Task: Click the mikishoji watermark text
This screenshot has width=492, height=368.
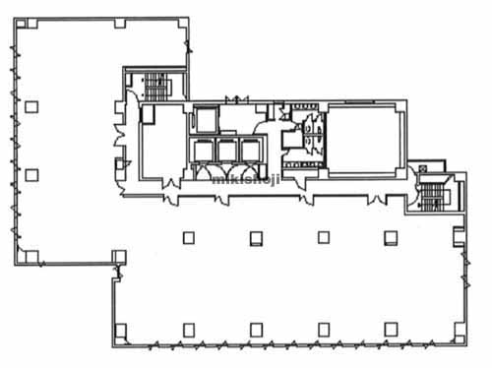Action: tap(246, 179)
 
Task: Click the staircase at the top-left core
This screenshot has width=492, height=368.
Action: tap(156, 87)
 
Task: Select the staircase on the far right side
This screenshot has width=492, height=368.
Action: tap(431, 197)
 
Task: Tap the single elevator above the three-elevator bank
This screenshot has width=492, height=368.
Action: tap(206, 119)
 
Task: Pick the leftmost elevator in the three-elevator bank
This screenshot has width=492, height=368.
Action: tap(204, 151)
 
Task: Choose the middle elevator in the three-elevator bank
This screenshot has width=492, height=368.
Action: tap(227, 151)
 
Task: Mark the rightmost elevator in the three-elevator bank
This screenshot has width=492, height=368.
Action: tap(251, 151)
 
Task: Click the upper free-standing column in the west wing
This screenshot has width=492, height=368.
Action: tap(31, 107)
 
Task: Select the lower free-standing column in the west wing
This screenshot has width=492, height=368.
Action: tap(31, 175)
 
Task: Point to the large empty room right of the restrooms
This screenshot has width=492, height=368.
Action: tap(364, 141)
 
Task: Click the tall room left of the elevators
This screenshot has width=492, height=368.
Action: tap(162, 143)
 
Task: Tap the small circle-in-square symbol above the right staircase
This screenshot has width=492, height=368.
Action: tap(422, 169)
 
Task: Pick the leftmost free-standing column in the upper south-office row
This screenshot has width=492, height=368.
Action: tap(189, 238)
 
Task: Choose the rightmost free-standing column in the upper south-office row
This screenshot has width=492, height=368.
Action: tap(391, 238)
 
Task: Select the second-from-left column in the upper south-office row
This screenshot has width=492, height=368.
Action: tap(256, 238)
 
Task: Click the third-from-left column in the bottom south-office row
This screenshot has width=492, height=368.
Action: tap(324, 330)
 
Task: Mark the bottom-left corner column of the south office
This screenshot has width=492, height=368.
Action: tap(120, 331)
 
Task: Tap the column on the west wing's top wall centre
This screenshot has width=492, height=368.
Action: tap(120, 23)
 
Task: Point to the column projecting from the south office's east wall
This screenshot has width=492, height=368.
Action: tap(459, 236)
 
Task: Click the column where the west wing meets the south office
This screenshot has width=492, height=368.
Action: tap(119, 257)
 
